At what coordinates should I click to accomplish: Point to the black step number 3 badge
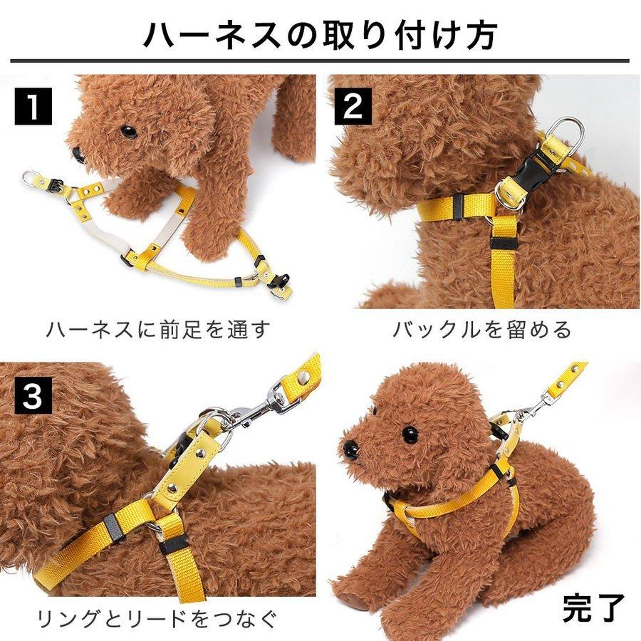click(x=33, y=396)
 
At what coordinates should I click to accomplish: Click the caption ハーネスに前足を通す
click(x=159, y=330)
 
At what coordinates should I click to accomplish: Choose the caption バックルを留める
click(x=481, y=330)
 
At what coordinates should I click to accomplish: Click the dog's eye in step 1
click(x=128, y=132)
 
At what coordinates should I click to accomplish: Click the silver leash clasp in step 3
click(x=256, y=408)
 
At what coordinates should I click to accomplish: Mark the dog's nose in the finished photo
click(x=351, y=449)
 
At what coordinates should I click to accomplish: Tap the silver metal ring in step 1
click(x=31, y=177)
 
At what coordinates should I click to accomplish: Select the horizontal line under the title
click(x=320, y=61)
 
